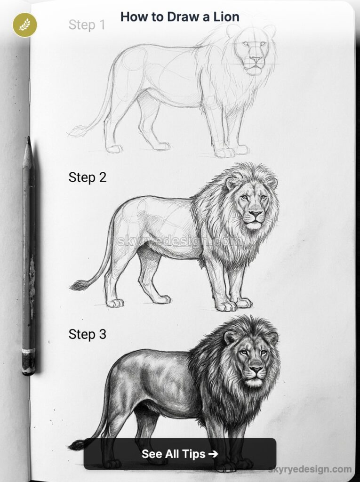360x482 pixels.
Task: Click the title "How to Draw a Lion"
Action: [180, 17]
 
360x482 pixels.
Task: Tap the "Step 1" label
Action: [87, 25]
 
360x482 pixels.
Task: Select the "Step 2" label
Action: [88, 177]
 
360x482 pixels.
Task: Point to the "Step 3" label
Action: [88, 334]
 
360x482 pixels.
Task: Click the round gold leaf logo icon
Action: [25, 25]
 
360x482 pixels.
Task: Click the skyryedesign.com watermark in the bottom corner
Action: [310, 469]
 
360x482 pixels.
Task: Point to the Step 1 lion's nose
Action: [256, 60]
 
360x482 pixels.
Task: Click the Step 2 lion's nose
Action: [255, 214]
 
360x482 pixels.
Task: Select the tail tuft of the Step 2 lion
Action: [78, 285]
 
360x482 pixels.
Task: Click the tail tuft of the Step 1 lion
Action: [77, 131]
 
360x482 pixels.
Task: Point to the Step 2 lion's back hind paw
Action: [114, 302]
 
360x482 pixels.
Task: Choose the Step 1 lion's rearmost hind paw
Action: [114, 149]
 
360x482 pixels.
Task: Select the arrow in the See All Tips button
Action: [213, 454]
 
